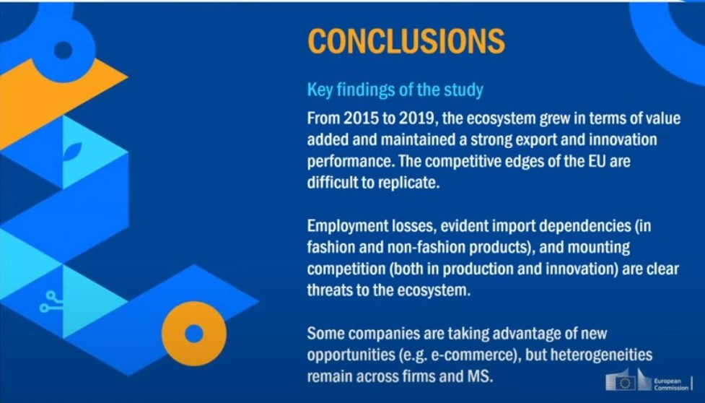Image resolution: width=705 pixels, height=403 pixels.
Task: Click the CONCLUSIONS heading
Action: click(x=406, y=41)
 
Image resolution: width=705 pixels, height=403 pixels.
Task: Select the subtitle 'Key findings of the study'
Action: click(x=395, y=90)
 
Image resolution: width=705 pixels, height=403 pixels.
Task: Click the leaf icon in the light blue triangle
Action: click(x=72, y=152)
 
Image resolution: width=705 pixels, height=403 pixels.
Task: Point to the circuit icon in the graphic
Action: click(x=51, y=301)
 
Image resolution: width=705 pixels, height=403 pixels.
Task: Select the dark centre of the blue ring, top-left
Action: click(x=63, y=51)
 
